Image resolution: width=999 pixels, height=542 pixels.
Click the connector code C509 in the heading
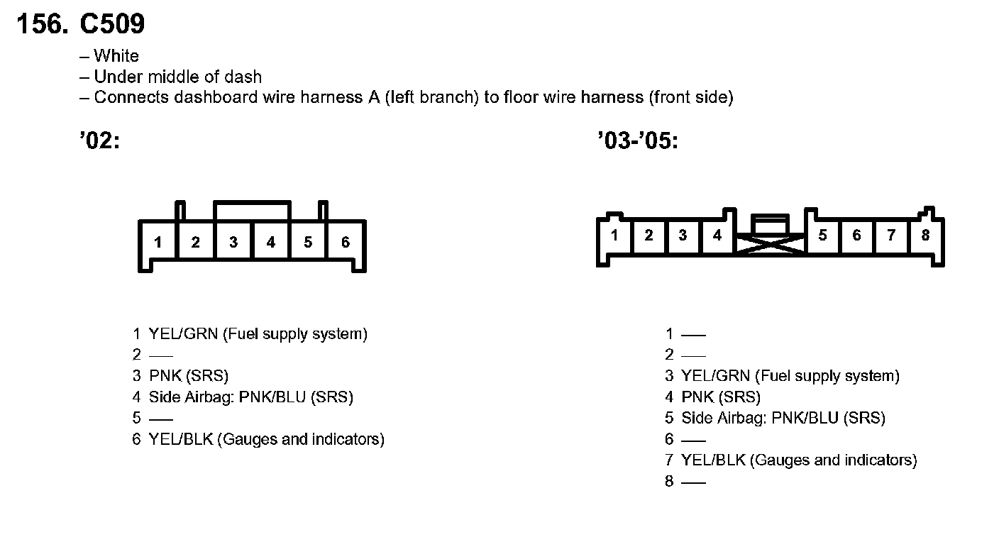[x=112, y=25]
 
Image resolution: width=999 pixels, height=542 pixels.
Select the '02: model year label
[x=99, y=142]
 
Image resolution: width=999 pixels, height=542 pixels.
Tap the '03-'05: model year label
[x=638, y=142]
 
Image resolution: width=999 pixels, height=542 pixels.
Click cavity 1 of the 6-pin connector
[x=158, y=243]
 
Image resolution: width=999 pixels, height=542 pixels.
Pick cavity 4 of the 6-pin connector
[x=271, y=243]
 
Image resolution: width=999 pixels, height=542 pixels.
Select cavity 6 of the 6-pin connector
[x=346, y=243]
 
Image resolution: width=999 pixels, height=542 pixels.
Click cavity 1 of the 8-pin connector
[x=614, y=236]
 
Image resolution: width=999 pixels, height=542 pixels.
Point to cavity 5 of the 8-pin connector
[x=822, y=236]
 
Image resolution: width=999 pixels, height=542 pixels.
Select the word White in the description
[x=116, y=56]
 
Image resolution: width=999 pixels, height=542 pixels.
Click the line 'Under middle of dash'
[x=177, y=77]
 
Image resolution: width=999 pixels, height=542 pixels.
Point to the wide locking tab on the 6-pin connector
[x=252, y=211]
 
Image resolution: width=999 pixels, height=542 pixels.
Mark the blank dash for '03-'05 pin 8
[x=693, y=482]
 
